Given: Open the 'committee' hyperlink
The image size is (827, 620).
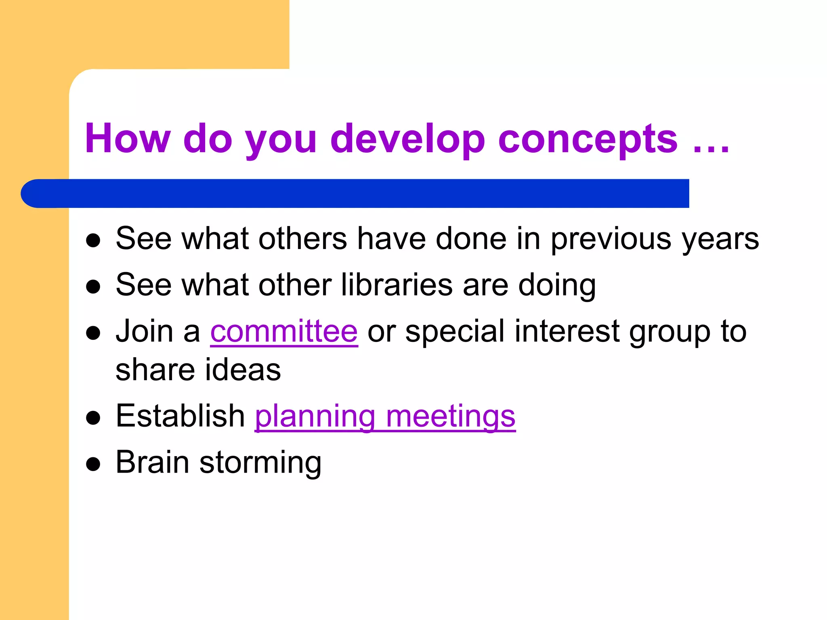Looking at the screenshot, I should pos(284,331).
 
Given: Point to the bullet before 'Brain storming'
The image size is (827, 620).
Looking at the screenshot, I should pos(93,464).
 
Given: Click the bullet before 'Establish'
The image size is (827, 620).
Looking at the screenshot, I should pos(93,418).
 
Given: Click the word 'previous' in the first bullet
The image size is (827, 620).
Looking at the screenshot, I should pos(611,239).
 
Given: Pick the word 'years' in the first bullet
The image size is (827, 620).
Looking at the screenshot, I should pos(720,239).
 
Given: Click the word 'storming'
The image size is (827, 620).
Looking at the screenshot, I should pos(260,463).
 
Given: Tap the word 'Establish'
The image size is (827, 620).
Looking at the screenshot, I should pos(180,416).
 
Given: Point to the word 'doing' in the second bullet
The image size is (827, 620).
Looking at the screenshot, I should pos(557,285).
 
